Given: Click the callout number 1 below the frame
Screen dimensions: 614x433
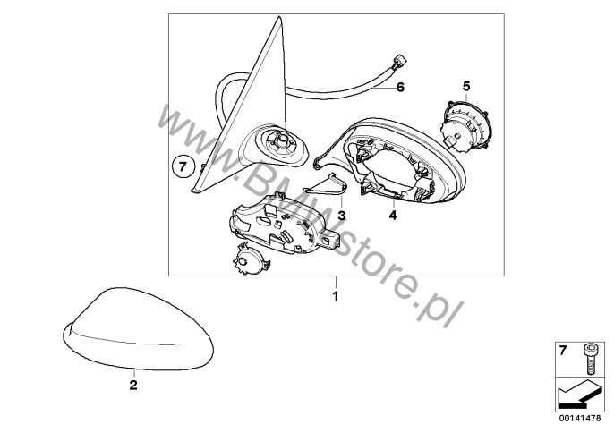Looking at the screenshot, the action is tap(335, 296).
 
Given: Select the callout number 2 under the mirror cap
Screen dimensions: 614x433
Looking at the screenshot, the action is tap(133, 386).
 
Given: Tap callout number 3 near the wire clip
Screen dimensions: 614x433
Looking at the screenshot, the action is tap(342, 215).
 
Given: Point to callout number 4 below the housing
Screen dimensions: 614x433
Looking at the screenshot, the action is tap(393, 215).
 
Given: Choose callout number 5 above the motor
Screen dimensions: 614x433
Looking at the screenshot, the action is tap(466, 86).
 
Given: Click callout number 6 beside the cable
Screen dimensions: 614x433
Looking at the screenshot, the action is tap(400, 87).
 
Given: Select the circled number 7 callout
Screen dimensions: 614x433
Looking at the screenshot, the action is tap(183, 167).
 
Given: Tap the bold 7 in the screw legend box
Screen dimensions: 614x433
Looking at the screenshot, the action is tap(563, 351).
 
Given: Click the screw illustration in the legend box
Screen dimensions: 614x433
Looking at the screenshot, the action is tap(589, 359).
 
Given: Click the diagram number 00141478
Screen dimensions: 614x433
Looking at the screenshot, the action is tap(580, 418).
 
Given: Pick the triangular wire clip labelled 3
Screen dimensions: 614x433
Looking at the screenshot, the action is tap(326, 185).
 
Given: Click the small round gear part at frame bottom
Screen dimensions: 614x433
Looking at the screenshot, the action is tap(251, 259).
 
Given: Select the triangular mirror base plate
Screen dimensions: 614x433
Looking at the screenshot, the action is tap(242, 106).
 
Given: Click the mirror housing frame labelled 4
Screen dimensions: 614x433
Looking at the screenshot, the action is tap(392, 159).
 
